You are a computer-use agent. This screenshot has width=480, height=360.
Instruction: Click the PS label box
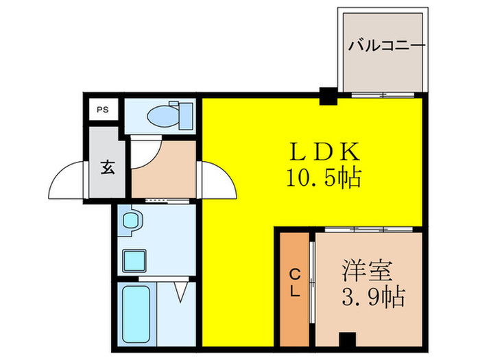click(102, 109)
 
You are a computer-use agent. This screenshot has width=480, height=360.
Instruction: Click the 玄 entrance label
click(108, 167)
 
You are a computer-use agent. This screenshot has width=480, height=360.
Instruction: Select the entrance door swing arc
click(67, 178)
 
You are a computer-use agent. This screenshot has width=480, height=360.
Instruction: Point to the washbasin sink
click(130, 221)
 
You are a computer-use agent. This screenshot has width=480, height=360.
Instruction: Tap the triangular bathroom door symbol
click(181, 291)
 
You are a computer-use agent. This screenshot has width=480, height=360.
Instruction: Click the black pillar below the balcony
click(328, 97)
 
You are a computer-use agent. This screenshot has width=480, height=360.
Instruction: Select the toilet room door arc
click(147, 154)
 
